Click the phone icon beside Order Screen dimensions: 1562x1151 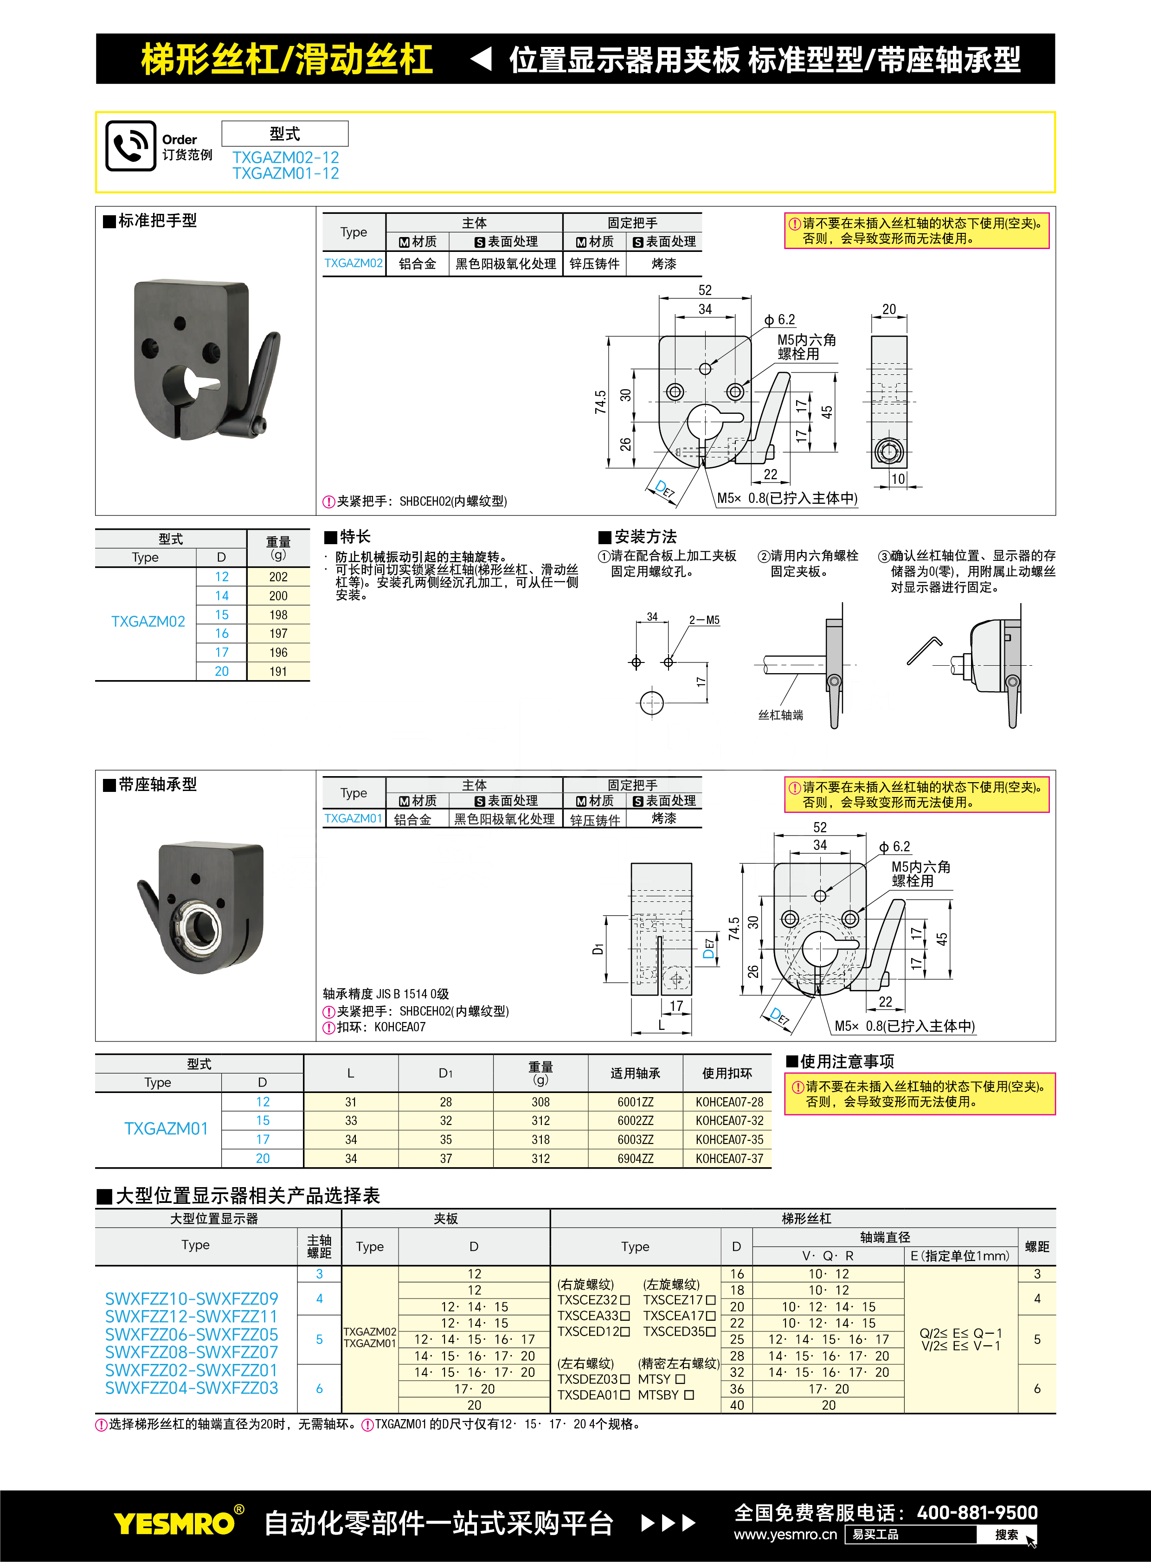click(x=130, y=146)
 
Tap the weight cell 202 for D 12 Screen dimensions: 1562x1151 click(x=278, y=577)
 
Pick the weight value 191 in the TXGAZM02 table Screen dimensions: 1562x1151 click(x=278, y=672)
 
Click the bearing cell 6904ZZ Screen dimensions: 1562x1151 click(x=635, y=1158)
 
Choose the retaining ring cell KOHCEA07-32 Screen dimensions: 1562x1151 click(x=729, y=1121)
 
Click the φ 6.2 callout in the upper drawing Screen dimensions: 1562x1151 click(x=780, y=320)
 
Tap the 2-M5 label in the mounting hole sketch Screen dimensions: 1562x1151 click(x=704, y=620)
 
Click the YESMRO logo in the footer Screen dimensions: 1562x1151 click(x=174, y=1523)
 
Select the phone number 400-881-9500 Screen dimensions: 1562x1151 click(x=977, y=1512)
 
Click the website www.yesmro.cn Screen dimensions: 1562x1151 click(x=785, y=1534)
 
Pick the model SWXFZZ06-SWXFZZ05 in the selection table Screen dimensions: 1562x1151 click(x=192, y=1335)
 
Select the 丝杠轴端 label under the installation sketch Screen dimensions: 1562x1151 click(x=780, y=715)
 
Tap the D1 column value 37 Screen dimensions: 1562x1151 click(x=445, y=1158)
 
